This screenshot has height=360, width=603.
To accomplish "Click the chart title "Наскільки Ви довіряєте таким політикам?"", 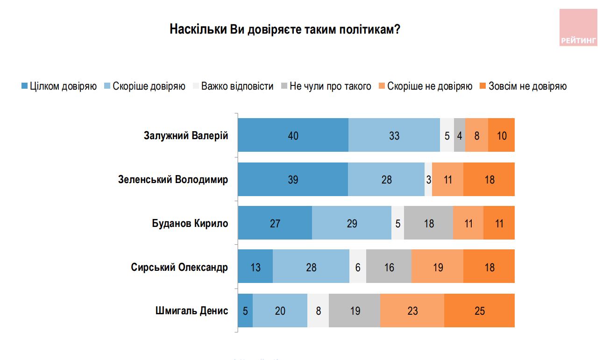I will [x=284, y=29].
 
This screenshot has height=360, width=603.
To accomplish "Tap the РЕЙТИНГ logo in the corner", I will [x=578, y=28].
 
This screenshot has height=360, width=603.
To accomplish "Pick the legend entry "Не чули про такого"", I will [x=326, y=86].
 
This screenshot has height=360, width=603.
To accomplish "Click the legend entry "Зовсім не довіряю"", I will [x=523, y=86].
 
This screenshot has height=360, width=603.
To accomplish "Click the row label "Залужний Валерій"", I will [x=185, y=136].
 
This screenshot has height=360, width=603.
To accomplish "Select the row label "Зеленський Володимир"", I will [x=173, y=179].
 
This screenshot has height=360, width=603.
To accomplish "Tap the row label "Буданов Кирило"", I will [x=190, y=223].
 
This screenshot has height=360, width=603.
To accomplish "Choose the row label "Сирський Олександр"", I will [x=179, y=267].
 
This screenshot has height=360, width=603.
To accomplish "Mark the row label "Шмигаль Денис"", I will [x=192, y=311].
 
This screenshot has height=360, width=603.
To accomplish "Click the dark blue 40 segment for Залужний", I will [x=293, y=135].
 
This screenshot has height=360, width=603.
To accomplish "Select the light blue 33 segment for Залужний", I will [x=394, y=135].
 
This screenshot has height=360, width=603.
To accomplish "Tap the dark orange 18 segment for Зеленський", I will [x=489, y=179].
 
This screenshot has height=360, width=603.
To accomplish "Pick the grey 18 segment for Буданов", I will [x=428, y=223].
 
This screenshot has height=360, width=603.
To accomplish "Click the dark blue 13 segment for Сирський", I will [x=255, y=267].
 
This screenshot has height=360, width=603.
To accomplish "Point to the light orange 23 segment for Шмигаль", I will [x=412, y=311].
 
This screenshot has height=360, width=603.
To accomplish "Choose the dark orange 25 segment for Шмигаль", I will [x=479, y=311].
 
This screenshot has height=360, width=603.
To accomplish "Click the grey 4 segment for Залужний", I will [x=460, y=135].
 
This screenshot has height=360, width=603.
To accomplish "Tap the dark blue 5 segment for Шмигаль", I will [x=245, y=311].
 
